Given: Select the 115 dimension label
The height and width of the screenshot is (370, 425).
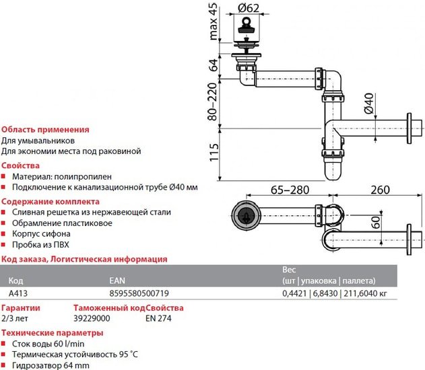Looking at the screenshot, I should coord(214,155).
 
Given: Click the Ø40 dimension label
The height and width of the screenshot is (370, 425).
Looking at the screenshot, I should coord(368,106).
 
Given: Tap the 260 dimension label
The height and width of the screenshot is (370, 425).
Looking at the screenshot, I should coord(381,190).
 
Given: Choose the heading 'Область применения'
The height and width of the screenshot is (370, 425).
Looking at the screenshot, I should coord(45,129).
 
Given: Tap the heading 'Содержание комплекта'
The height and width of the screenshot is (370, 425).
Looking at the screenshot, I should coord(51,201).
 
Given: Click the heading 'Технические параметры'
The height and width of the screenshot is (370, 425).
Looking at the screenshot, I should coord(51,332).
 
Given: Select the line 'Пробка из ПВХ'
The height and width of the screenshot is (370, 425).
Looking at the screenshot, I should coord(40,245).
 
